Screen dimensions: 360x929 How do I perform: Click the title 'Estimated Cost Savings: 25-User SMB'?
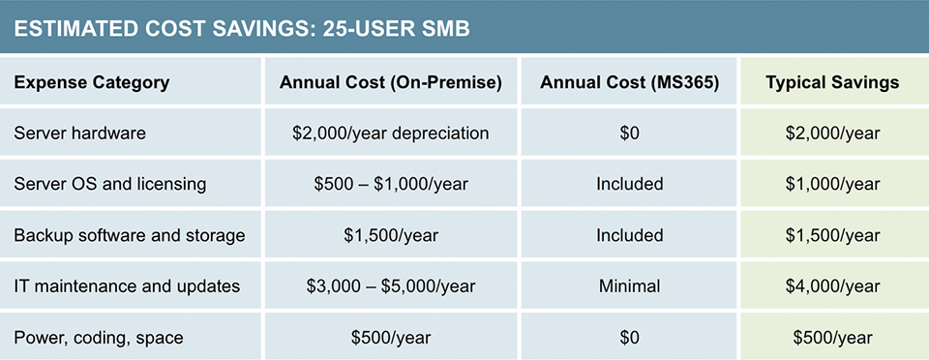242,29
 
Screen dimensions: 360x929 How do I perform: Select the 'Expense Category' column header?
92,82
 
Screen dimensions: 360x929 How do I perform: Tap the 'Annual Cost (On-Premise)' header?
390,82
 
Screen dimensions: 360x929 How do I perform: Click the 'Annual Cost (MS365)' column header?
629,82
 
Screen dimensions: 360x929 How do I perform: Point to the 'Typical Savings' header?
832,82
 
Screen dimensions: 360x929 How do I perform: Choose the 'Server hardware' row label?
80,133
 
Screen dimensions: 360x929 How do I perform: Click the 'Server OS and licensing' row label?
111,184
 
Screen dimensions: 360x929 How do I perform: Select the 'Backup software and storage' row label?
129,235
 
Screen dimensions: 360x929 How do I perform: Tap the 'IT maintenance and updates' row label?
127,286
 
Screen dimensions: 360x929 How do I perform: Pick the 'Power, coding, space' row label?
99,338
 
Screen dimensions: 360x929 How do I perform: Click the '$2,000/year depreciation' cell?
390,133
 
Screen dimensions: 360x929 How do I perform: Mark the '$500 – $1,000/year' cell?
390,184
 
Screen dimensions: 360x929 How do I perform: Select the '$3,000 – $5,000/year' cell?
390,286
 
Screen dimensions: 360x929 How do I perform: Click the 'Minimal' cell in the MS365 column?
629,286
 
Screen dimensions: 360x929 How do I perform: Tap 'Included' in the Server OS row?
629,184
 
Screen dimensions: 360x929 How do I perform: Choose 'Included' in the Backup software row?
629,235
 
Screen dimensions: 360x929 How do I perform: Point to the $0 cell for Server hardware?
629,133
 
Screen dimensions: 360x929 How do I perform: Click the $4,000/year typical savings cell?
832,286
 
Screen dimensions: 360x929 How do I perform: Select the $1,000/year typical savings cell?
832,184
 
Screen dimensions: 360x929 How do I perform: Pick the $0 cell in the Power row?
629,338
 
